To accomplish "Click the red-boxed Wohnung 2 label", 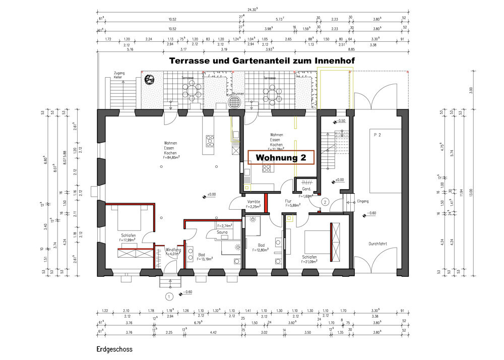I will (x=281, y=157).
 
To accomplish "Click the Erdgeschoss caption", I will (x=114, y=349).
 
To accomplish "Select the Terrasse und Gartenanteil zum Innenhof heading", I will (x=263, y=61).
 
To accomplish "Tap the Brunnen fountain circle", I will (x=235, y=102).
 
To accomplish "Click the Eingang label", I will (x=362, y=201).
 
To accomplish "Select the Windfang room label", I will (x=173, y=250).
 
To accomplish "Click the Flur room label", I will (x=289, y=201).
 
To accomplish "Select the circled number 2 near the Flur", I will (x=326, y=202).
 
